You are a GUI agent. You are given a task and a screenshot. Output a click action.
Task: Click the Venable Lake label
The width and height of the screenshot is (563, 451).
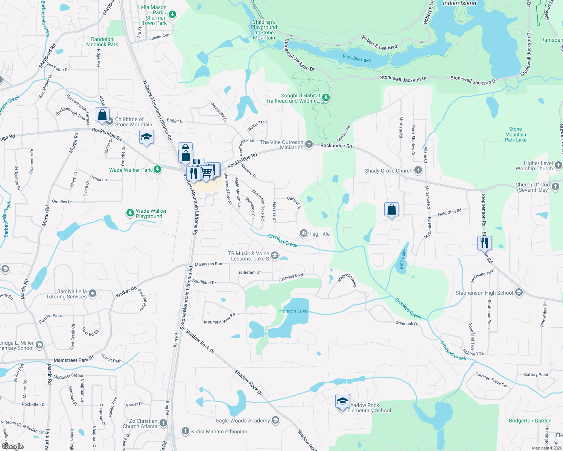point(357,59)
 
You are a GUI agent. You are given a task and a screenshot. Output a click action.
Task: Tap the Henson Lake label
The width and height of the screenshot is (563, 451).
point(294,311)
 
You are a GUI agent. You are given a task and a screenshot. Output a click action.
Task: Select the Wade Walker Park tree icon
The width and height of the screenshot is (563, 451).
point(157,170)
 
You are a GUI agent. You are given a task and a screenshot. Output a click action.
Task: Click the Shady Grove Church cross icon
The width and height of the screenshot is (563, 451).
point(418,170)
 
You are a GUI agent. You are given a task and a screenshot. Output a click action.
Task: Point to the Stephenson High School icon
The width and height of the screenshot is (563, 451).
point(519,292)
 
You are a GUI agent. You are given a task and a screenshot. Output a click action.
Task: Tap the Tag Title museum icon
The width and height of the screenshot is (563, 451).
point(303,234)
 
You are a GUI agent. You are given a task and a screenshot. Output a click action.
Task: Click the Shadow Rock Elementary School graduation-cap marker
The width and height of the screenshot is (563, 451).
point(342,402)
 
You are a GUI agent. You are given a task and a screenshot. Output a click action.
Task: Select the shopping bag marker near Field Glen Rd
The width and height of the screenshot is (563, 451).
point(391,210)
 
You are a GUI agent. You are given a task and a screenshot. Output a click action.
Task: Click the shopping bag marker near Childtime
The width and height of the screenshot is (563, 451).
point(102,115)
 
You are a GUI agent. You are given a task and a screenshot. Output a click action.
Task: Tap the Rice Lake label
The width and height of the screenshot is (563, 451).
point(402,259)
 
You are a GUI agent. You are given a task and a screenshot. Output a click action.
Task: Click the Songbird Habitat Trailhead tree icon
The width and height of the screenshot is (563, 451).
point(326,98)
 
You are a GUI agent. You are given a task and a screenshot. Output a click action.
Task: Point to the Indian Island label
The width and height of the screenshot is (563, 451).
point(460,3)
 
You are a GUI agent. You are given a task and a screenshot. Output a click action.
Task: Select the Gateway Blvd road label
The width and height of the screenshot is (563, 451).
point(291,278)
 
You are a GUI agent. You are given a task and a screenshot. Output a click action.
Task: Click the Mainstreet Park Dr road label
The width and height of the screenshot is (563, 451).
point(73,360)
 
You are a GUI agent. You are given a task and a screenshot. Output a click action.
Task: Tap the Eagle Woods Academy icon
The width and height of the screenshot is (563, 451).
point(275,420)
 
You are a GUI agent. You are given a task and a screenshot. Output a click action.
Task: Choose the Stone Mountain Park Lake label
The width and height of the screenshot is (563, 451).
point(516,135)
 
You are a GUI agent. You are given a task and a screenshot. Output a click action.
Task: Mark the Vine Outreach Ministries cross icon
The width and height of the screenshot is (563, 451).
point(309,144)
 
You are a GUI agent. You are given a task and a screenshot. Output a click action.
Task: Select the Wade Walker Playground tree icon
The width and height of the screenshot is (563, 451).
point(130,213)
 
